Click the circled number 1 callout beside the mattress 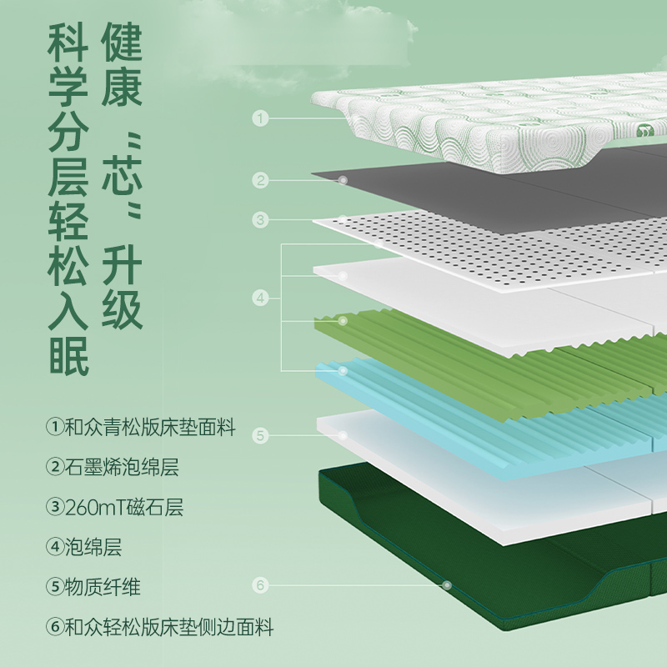[x=261, y=119]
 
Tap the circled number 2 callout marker [x=261, y=179]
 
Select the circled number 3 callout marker [x=261, y=220]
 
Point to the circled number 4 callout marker [x=261, y=297]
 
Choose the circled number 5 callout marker [x=261, y=435]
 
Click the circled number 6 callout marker [x=261, y=585]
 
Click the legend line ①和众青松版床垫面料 [x=141, y=429]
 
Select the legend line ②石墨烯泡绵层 [x=113, y=468]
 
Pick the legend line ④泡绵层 [x=84, y=547]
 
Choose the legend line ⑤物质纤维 [x=93, y=587]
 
